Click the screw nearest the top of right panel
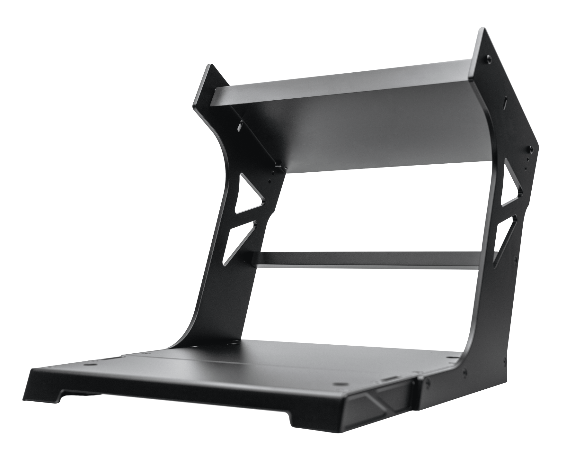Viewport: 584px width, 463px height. tap(489, 58)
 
